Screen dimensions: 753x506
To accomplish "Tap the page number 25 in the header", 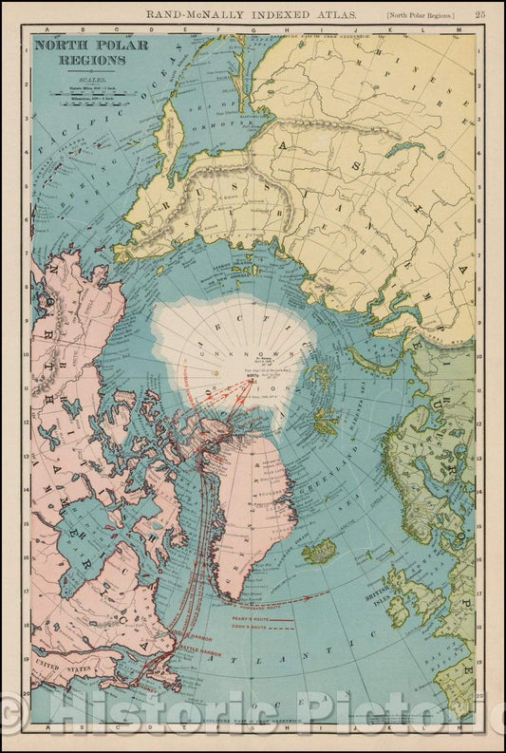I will point(479,13).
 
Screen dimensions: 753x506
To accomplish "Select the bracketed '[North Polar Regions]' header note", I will point(421,14).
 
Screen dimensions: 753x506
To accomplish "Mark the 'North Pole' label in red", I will point(277,379).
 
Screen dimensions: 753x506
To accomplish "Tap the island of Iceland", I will point(318,551).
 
